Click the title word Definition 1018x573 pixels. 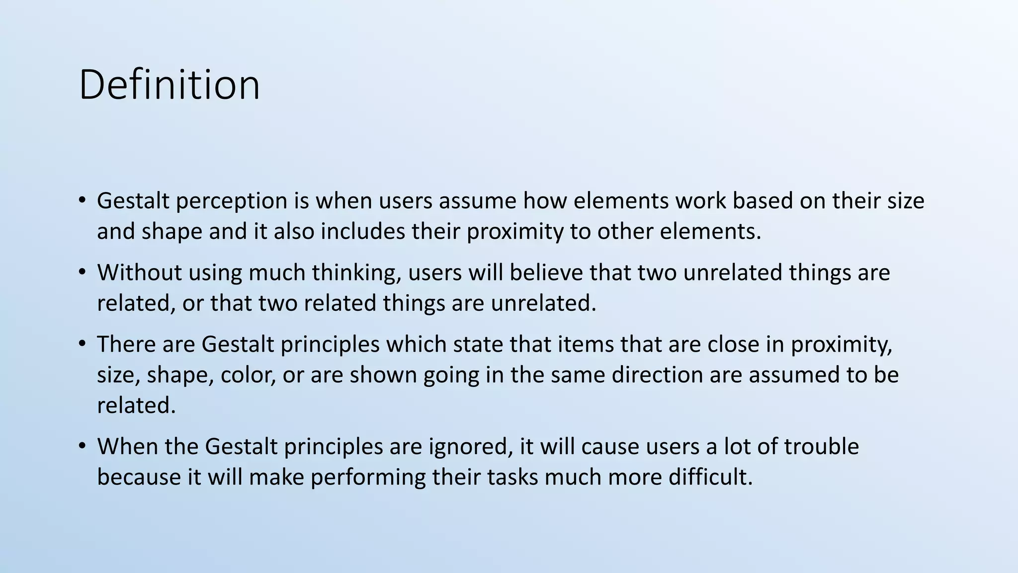(169, 85)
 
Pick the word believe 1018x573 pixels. (546, 273)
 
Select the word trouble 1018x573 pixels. (821, 447)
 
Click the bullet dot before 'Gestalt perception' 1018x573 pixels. (83, 201)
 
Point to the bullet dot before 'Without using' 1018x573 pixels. (83, 273)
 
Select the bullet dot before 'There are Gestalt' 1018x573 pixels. (83, 344)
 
